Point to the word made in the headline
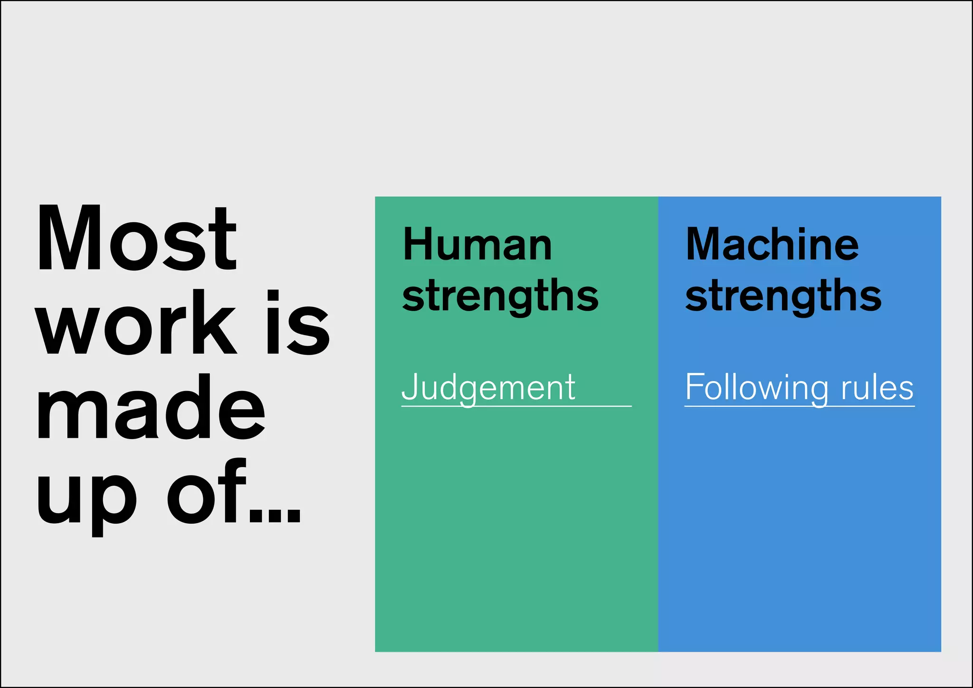point(151,408)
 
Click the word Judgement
point(488,388)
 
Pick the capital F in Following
point(694,386)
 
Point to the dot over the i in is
point(273,295)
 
